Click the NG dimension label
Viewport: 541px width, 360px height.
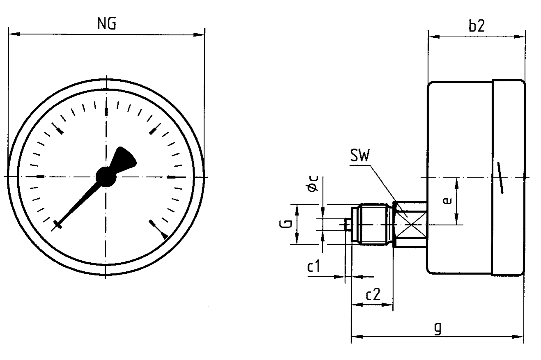pyautogui.click(x=107, y=24)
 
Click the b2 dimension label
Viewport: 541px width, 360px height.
pyautogui.click(x=476, y=26)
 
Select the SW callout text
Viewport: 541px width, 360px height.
pyautogui.click(x=360, y=156)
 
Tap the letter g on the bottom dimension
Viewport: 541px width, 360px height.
pyautogui.click(x=438, y=328)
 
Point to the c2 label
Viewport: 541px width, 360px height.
pyautogui.click(x=373, y=295)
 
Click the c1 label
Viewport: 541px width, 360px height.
pyautogui.click(x=314, y=267)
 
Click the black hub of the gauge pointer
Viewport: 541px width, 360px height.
pyautogui.click(x=106, y=177)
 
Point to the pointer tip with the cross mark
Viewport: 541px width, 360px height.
pyautogui.click(x=58, y=225)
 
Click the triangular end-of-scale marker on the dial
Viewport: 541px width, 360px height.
pyautogui.click(x=164, y=235)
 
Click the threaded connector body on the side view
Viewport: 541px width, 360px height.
pyautogui.click(x=374, y=225)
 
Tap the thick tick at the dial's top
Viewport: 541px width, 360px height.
pyautogui.click(x=106, y=112)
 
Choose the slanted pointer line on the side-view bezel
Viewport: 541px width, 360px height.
pyautogui.click(x=500, y=178)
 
